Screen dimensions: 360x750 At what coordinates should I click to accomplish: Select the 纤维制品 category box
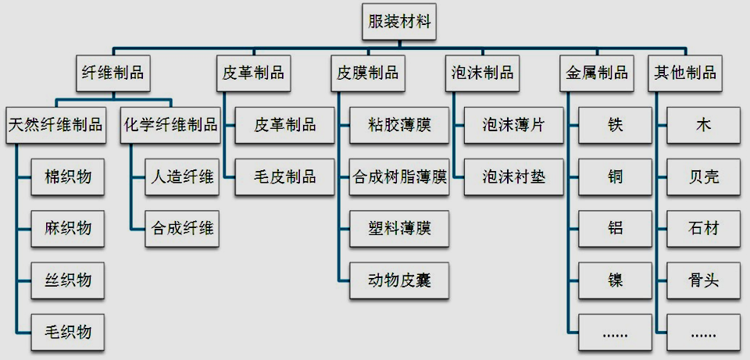[114, 73]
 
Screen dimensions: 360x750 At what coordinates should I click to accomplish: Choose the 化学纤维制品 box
[170, 125]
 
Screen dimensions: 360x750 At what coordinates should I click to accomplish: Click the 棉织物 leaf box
[68, 177]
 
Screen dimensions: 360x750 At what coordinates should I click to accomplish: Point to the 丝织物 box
[68, 280]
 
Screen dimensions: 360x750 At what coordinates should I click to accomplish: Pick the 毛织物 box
[68, 332]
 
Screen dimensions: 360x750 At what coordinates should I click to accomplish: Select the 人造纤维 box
[182, 177]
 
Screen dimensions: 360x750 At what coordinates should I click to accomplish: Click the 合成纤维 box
[182, 229]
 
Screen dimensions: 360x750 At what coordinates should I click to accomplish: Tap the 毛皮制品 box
[285, 177]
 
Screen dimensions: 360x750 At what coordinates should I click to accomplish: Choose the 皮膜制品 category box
[368, 73]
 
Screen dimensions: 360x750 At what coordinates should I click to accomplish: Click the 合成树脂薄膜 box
[399, 177]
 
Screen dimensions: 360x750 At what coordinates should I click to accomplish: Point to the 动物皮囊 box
[399, 280]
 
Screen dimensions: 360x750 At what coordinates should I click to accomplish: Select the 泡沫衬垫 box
[513, 177]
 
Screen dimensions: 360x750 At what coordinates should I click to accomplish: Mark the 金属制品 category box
[597, 73]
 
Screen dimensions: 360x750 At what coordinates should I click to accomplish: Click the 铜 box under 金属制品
[616, 177]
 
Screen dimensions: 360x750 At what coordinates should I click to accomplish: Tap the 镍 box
[616, 280]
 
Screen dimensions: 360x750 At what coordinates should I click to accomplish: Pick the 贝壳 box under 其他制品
[704, 177]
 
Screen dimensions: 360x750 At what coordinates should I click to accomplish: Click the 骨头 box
[704, 280]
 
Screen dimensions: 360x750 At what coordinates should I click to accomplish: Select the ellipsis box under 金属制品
[616, 332]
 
